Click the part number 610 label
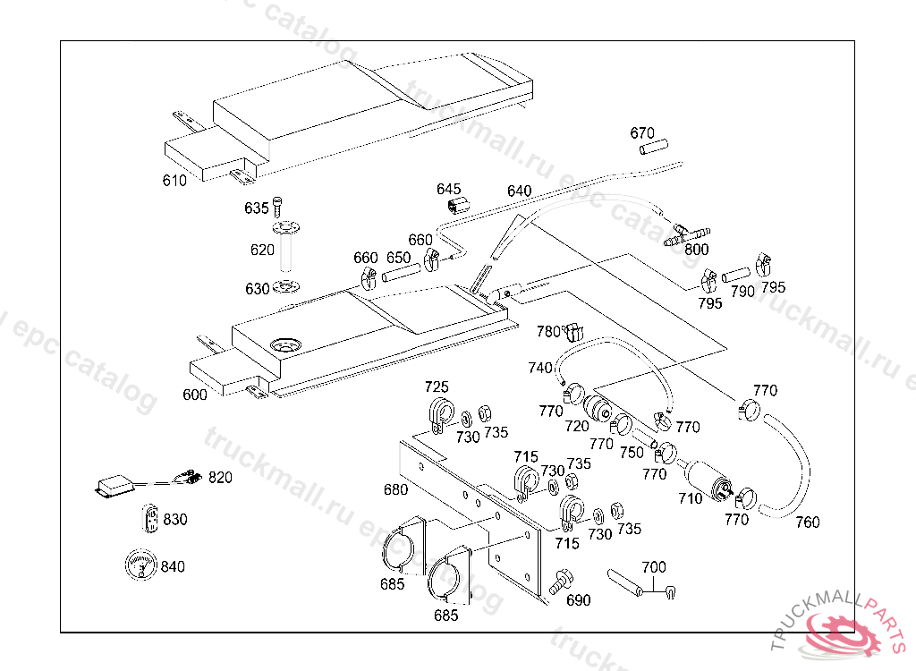174,181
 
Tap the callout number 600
195,395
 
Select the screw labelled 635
277,204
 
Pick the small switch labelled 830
150,519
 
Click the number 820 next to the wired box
220,478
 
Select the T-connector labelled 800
683,234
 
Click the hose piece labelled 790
736,273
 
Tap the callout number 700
654,567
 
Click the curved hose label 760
807,522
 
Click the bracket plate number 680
395,489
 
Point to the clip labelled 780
574,332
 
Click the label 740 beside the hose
540,368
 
